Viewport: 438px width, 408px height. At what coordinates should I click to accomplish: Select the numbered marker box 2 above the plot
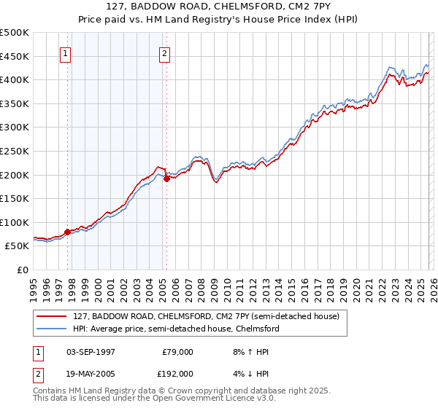166,53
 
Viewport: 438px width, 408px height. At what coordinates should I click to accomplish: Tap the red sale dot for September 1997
68,232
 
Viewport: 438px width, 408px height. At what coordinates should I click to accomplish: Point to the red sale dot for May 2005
166,178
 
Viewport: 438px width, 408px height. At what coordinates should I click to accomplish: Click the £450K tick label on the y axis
15,56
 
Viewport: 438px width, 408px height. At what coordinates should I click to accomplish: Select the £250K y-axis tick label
15,151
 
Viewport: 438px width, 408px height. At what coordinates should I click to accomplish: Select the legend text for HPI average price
176,329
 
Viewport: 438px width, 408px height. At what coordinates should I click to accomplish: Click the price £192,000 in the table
177,373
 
